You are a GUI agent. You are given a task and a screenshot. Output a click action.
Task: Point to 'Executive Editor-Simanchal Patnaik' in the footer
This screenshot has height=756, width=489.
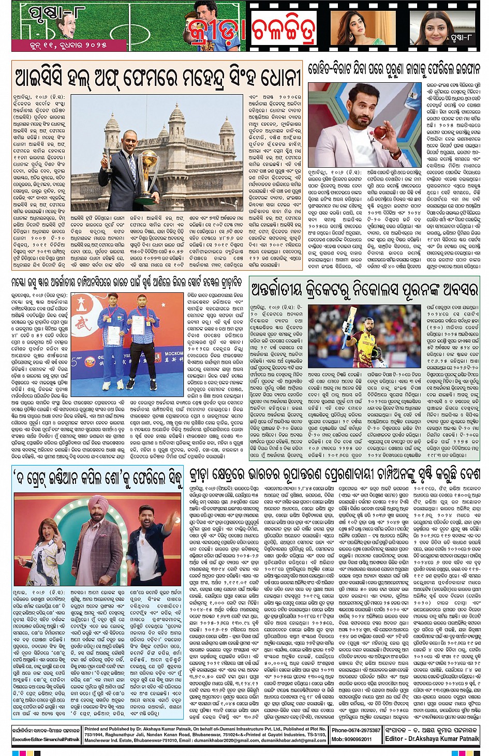tap(46, 739)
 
